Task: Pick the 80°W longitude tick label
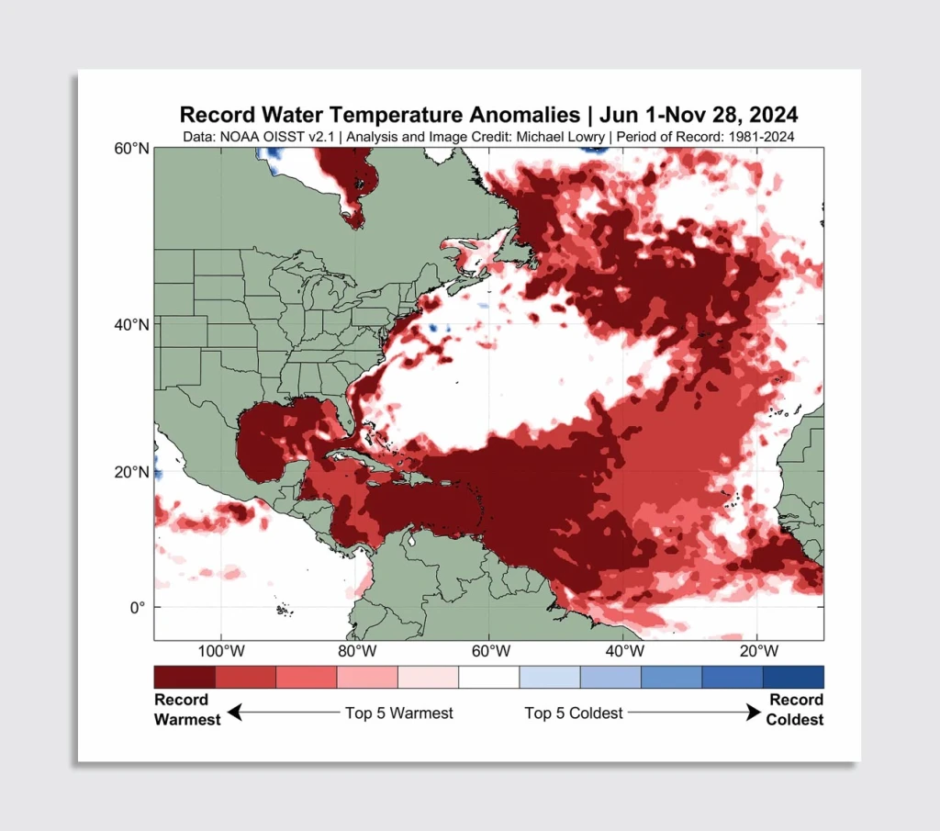point(356,651)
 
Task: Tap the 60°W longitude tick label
point(491,651)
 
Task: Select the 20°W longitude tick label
point(759,651)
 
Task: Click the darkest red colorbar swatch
point(185,677)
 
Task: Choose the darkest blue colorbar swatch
point(793,677)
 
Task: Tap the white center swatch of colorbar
point(488,677)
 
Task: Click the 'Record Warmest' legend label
point(186,710)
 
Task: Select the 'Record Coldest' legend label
point(795,710)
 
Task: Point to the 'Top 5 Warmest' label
point(399,713)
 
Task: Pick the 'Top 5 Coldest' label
point(574,713)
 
